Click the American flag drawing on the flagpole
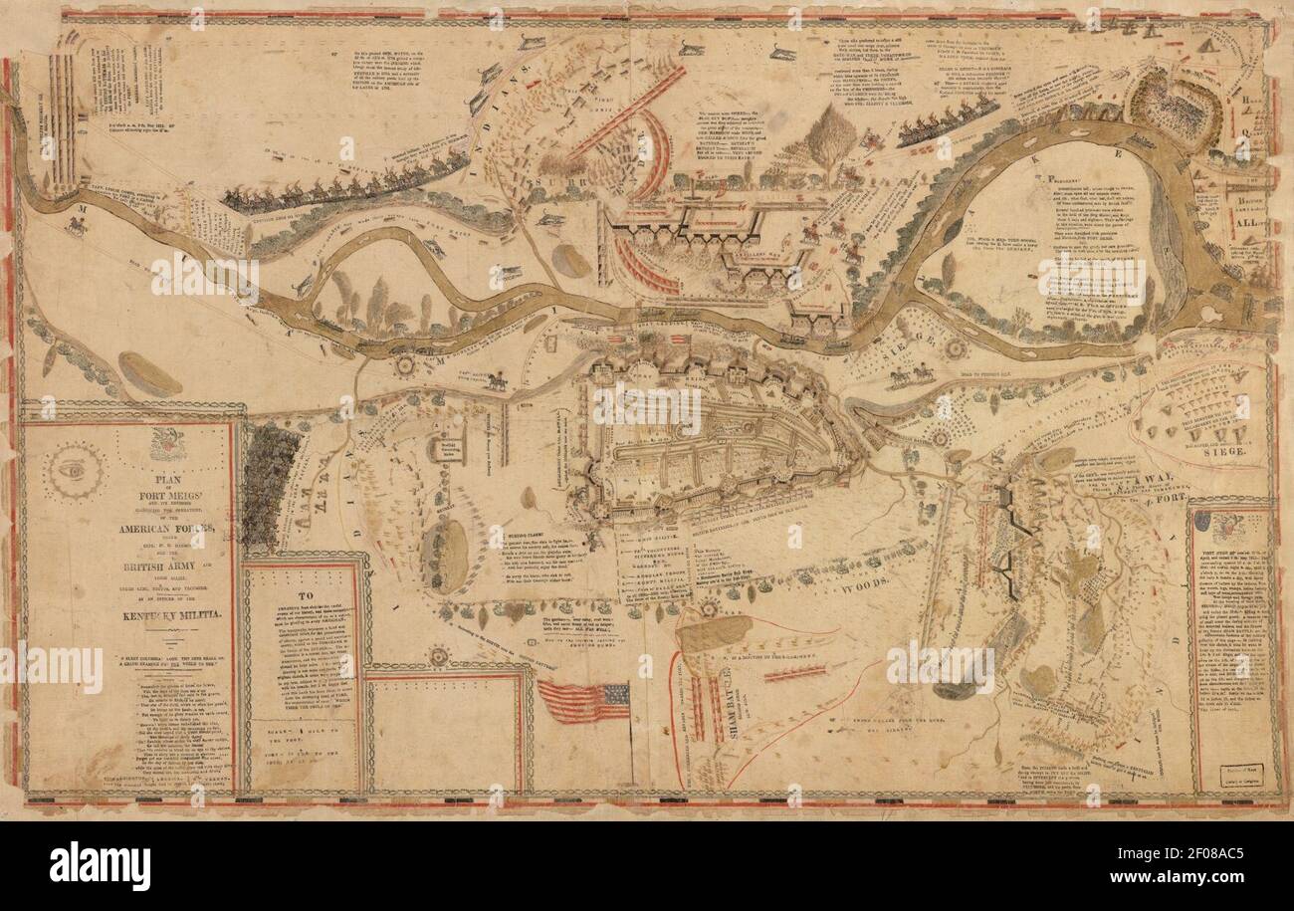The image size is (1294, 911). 583,701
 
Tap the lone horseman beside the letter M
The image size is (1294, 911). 75,226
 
